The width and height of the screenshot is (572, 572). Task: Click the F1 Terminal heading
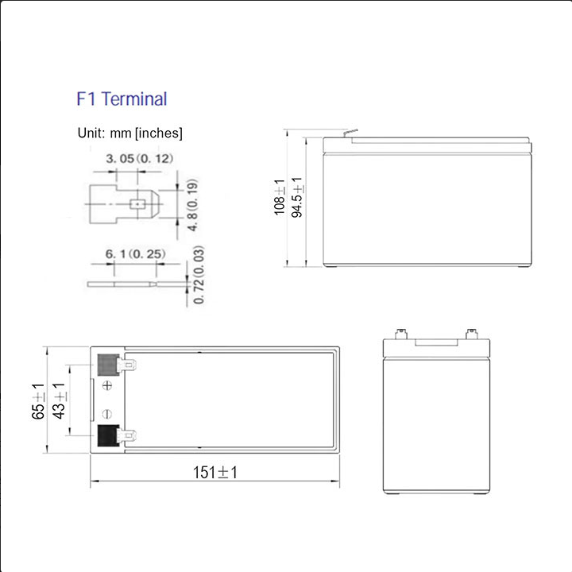click(x=122, y=99)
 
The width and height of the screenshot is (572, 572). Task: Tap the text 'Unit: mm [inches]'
click(x=129, y=133)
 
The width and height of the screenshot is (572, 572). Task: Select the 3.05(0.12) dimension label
click(x=139, y=160)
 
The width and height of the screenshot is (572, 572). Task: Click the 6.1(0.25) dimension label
click(x=135, y=254)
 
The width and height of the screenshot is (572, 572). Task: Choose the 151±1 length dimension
click(x=215, y=473)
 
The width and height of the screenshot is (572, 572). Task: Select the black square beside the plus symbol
click(x=107, y=365)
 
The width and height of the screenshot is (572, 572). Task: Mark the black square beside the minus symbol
click(x=107, y=435)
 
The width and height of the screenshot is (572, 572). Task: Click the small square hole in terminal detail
click(x=137, y=203)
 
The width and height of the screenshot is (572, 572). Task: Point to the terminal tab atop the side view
click(x=348, y=133)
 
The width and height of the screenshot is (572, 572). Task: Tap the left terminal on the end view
click(x=400, y=332)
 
